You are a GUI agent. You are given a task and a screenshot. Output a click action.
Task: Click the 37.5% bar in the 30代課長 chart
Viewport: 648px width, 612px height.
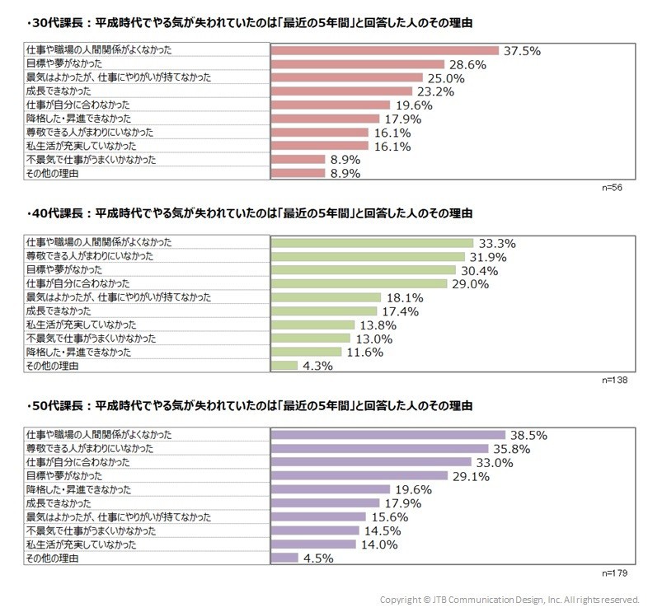[385, 50]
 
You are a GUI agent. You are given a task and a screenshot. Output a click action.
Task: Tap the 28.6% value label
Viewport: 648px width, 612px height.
[466, 64]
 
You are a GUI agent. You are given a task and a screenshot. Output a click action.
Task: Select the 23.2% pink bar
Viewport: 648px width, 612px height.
[341, 91]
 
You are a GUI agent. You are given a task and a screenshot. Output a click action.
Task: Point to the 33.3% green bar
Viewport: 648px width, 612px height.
[372, 243]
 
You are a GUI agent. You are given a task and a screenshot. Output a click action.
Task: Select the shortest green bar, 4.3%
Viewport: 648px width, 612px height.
[284, 365]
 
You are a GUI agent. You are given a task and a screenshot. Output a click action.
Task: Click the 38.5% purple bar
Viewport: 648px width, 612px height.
[388, 435]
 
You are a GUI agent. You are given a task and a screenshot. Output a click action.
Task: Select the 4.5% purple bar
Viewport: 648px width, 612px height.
[284, 558]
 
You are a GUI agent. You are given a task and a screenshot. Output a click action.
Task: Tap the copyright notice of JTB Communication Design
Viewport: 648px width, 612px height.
[509, 600]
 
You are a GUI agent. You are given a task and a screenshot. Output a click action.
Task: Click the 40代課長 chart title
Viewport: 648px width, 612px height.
[249, 213]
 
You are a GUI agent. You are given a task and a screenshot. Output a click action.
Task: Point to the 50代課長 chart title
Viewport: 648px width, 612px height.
[249, 406]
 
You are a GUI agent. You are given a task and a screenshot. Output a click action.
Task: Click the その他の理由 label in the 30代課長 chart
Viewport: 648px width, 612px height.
[53, 173]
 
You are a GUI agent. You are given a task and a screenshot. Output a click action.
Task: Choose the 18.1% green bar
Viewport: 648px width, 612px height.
[326, 297]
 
